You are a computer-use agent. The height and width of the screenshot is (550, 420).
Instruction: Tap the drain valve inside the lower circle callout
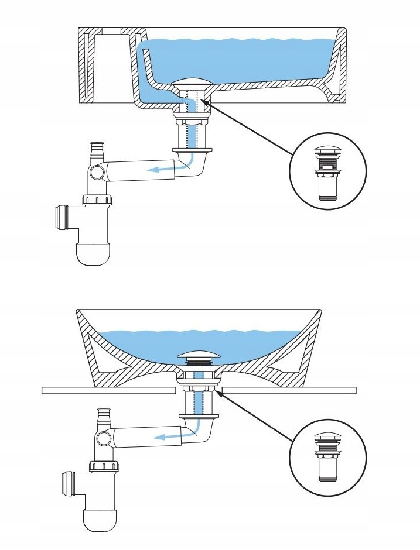tap(328, 456)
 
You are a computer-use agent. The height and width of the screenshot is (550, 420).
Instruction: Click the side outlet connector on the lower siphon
tap(69, 483)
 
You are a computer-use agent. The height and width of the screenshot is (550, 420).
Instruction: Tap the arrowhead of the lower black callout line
tap(225, 394)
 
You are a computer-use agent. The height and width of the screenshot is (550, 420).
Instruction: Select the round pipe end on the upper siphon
tap(98, 173)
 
